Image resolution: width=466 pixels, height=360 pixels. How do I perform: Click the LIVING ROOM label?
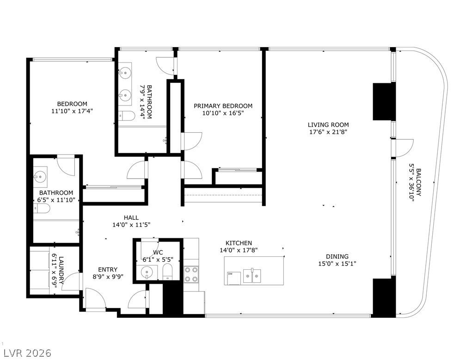pos(328,124)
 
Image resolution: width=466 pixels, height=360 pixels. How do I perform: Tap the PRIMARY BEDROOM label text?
pos(223,106)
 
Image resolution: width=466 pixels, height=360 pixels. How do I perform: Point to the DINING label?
pos(337,256)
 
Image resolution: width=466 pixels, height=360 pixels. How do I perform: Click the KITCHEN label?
pos(239,243)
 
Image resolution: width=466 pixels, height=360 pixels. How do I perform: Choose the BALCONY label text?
pos(418,182)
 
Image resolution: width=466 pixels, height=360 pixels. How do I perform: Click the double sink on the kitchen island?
pos(252,276)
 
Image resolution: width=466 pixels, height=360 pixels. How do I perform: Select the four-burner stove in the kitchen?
pos(191,274)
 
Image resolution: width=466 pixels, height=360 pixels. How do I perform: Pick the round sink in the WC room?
pos(147,272)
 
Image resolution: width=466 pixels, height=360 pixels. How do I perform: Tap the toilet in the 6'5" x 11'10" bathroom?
pos(42,210)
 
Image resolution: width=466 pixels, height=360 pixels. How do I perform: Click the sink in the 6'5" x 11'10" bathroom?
pos(40,176)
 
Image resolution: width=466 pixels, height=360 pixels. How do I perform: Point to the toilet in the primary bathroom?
pos(126,115)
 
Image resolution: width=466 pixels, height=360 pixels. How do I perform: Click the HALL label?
pos(131,217)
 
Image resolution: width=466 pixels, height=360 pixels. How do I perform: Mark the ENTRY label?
pos(107,269)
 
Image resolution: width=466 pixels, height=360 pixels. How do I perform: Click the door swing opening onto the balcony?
pos(403,147)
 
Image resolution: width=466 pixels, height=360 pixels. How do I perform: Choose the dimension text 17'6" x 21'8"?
pos(328,131)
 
